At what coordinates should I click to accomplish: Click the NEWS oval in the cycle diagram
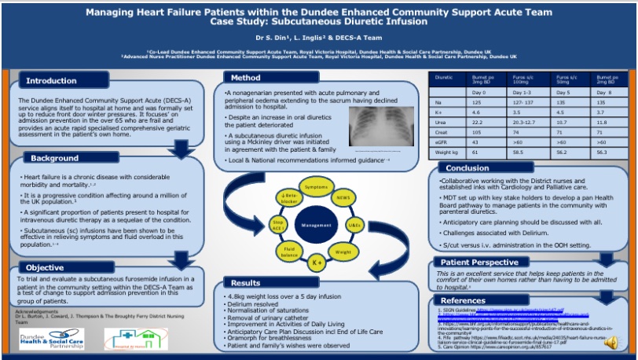(343, 200)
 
